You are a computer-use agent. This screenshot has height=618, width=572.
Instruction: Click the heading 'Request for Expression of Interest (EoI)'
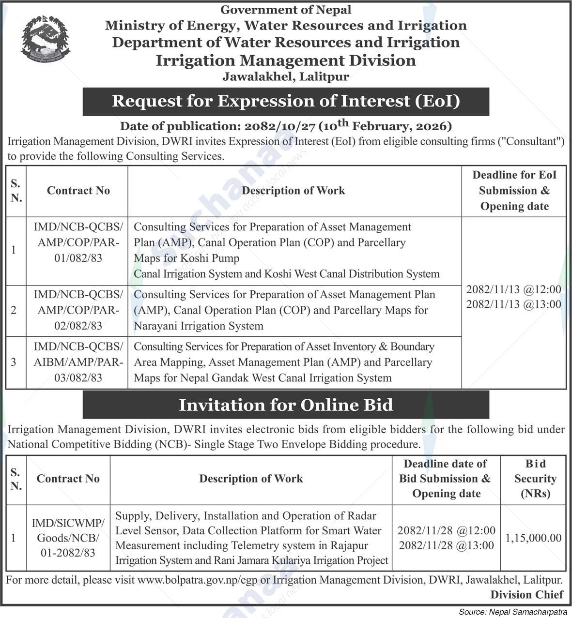(x=286, y=101)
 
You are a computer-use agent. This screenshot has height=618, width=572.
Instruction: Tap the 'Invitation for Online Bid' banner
(x=286, y=405)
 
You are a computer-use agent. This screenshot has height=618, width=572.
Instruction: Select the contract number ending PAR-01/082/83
(x=78, y=242)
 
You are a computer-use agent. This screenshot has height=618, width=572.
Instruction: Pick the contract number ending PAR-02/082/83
(x=78, y=310)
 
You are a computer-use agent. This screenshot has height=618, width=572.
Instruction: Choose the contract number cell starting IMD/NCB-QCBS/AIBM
(x=78, y=362)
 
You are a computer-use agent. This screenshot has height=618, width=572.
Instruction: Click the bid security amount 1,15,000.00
(x=533, y=538)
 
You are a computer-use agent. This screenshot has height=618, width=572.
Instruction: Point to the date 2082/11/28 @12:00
(x=446, y=530)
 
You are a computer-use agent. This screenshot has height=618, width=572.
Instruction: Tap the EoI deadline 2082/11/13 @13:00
(x=513, y=304)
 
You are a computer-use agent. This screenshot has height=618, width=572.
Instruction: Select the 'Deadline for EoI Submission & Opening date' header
(x=514, y=191)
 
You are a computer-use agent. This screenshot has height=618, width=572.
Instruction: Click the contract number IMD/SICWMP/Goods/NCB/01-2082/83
(x=68, y=538)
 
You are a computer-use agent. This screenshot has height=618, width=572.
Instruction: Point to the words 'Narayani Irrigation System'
(x=199, y=326)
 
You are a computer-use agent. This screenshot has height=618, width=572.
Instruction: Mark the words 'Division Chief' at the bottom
(x=527, y=594)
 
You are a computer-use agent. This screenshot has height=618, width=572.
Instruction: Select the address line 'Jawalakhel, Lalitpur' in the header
(x=286, y=76)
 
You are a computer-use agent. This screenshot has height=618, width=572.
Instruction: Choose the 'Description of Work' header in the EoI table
(x=294, y=191)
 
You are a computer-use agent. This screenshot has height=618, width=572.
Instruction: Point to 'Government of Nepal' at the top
(x=286, y=9)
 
